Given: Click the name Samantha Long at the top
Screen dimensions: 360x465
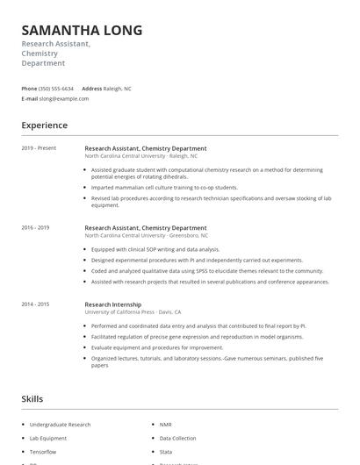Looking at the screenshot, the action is [x=82, y=31].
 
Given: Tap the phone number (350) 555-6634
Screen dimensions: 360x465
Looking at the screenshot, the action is [x=56, y=89].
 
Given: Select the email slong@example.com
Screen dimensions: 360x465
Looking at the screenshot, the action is [x=64, y=99].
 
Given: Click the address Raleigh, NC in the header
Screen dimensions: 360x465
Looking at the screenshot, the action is [x=118, y=89].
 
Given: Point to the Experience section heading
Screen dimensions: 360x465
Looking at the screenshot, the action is [x=44, y=125].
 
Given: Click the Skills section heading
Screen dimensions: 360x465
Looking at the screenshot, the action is [x=32, y=399].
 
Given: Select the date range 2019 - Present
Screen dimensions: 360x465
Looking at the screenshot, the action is [x=39, y=148].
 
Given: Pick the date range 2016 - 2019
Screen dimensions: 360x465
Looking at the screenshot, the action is [x=35, y=228].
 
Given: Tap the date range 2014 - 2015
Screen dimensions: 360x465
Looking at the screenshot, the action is [x=35, y=304].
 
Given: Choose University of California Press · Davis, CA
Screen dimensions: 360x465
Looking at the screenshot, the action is [x=133, y=312].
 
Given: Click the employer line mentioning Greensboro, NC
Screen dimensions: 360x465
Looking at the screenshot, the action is [x=146, y=236].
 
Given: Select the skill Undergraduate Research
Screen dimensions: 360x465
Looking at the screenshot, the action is [x=61, y=425].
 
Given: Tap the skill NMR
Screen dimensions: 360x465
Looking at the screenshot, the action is [x=166, y=425].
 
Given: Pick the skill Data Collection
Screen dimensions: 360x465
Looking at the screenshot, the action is [x=178, y=437].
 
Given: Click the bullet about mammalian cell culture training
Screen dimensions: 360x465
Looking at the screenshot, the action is [x=164, y=188].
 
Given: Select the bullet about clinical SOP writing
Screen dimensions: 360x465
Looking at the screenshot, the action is [x=155, y=249].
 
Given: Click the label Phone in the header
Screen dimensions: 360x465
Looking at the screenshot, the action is [x=29, y=89].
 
